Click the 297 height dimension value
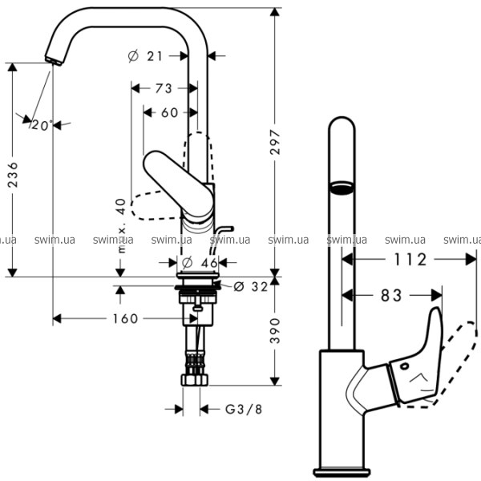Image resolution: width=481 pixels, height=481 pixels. [275, 142]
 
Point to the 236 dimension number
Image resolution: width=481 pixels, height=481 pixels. [13, 175]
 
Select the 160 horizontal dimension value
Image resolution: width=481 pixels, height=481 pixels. [126, 319]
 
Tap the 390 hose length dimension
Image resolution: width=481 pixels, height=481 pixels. [275, 330]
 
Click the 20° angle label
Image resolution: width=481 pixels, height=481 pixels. [42, 125]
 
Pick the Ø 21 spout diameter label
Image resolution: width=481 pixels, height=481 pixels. [145, 56]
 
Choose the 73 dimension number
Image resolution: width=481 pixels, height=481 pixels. [164, 88]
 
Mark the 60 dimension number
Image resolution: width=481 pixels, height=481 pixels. [170, 112]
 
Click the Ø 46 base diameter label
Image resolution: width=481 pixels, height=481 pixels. [200, 263]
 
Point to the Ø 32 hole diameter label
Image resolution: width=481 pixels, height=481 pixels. [251, 286]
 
